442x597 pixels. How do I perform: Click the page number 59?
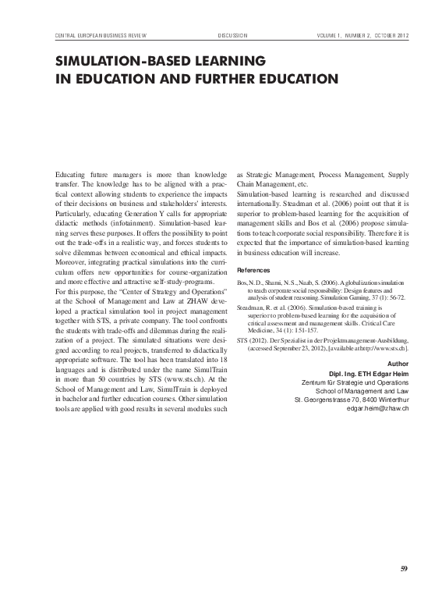(403, 567)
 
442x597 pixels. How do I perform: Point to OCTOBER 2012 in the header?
(386, 36)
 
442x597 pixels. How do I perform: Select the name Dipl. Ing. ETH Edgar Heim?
(370, 374)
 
